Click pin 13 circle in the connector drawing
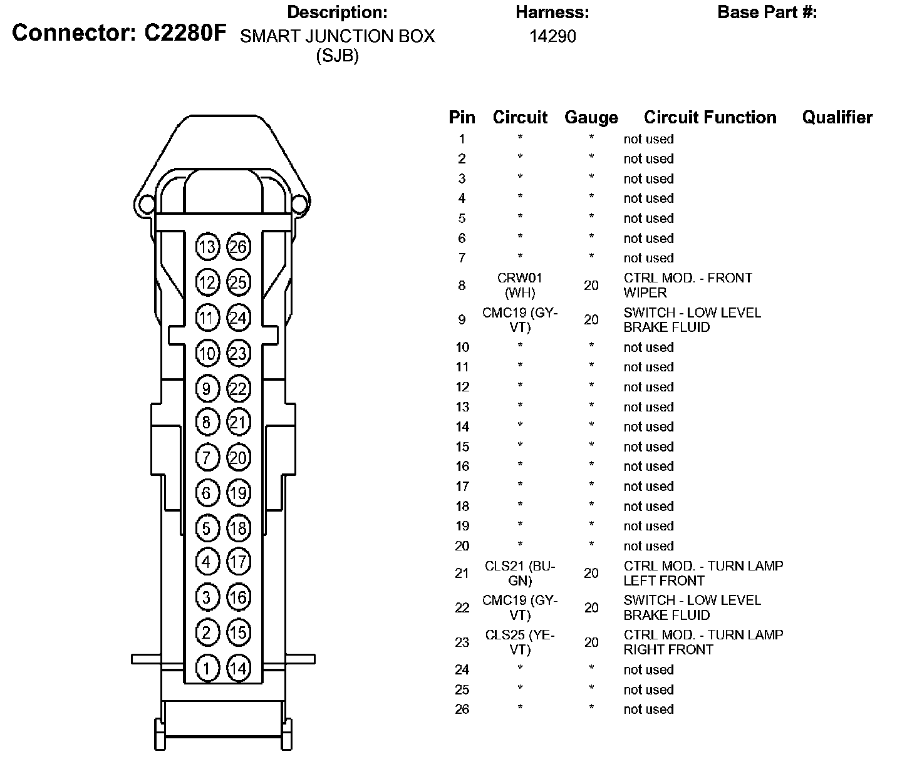207,247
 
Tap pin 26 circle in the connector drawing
238,247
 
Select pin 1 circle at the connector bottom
207,668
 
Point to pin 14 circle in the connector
238,668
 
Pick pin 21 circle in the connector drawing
238,422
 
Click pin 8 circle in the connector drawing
207,422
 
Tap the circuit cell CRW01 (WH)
520,285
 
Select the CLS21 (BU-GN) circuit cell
520,573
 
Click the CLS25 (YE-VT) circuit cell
520,642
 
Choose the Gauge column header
591,118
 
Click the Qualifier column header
837,118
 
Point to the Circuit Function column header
710,118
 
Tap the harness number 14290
552,36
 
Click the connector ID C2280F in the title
185,33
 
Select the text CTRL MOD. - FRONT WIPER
687,285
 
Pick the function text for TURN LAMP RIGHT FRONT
703,642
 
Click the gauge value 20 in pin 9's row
591,320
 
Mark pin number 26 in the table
462,710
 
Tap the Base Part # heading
767,13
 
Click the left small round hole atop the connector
146,204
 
